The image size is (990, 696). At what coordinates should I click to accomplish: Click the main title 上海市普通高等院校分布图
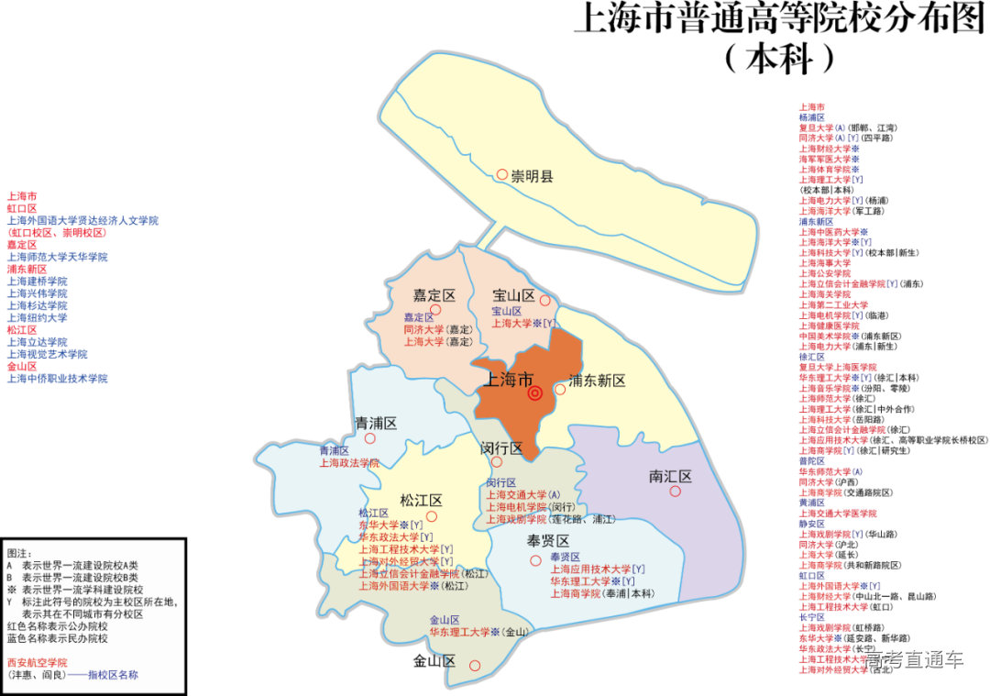coord(779,19)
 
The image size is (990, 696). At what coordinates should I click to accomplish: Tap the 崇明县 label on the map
coord(533,174)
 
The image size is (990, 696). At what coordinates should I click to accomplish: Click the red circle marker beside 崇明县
coord(501,174)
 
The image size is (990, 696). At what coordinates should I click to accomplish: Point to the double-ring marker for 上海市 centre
coord(535,393)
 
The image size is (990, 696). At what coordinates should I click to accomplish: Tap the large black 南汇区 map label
coord(670,477)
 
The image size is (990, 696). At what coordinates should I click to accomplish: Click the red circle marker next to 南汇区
coord(675,492)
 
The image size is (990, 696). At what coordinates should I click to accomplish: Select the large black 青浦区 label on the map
coord(376,423)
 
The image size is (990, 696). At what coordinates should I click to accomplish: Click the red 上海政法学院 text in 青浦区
coord(349,463)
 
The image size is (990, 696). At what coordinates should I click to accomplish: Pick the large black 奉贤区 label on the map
coord(548,540)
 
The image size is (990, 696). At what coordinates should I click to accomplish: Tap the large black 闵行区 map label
coord(501,448)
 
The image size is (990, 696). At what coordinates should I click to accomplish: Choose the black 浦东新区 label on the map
coord(597,381)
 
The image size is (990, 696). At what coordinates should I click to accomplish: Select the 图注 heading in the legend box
coord(19,554)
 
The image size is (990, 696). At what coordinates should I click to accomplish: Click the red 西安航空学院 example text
coord(37,662)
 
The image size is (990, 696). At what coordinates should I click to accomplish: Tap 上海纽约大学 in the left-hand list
coord(38,317)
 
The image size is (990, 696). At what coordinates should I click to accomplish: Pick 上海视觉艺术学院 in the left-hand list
coord(48,354)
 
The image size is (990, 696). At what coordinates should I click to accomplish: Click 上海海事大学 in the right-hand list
coord(824,262)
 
